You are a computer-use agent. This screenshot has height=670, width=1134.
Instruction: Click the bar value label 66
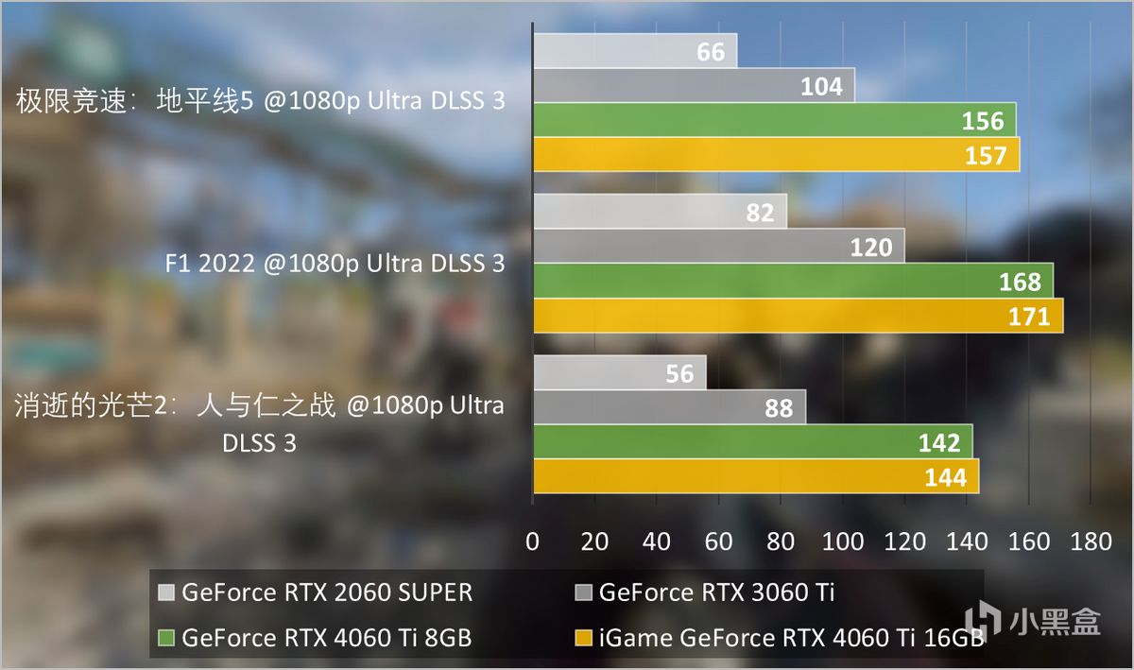pos(711,52)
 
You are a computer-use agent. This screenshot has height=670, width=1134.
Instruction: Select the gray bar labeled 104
pos(695,86)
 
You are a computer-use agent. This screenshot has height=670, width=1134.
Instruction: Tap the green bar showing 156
pos(775,120)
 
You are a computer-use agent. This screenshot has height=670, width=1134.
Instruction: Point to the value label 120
pos(870,247)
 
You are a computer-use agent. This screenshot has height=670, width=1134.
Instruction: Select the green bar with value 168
pos(794,281)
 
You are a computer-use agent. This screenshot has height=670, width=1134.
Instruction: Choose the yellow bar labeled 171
pos(799,316)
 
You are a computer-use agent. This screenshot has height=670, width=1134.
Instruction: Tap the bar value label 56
pos(679,373)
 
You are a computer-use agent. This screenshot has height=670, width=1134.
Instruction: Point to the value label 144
pos(946,477)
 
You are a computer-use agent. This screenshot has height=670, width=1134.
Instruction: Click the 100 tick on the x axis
pos(843,541)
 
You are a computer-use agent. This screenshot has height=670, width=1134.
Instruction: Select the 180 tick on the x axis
pos(1091,541)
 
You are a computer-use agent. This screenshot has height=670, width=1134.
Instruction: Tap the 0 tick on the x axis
pos(533,541)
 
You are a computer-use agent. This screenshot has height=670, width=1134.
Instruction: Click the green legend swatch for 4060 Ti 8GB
pos(167,638)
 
